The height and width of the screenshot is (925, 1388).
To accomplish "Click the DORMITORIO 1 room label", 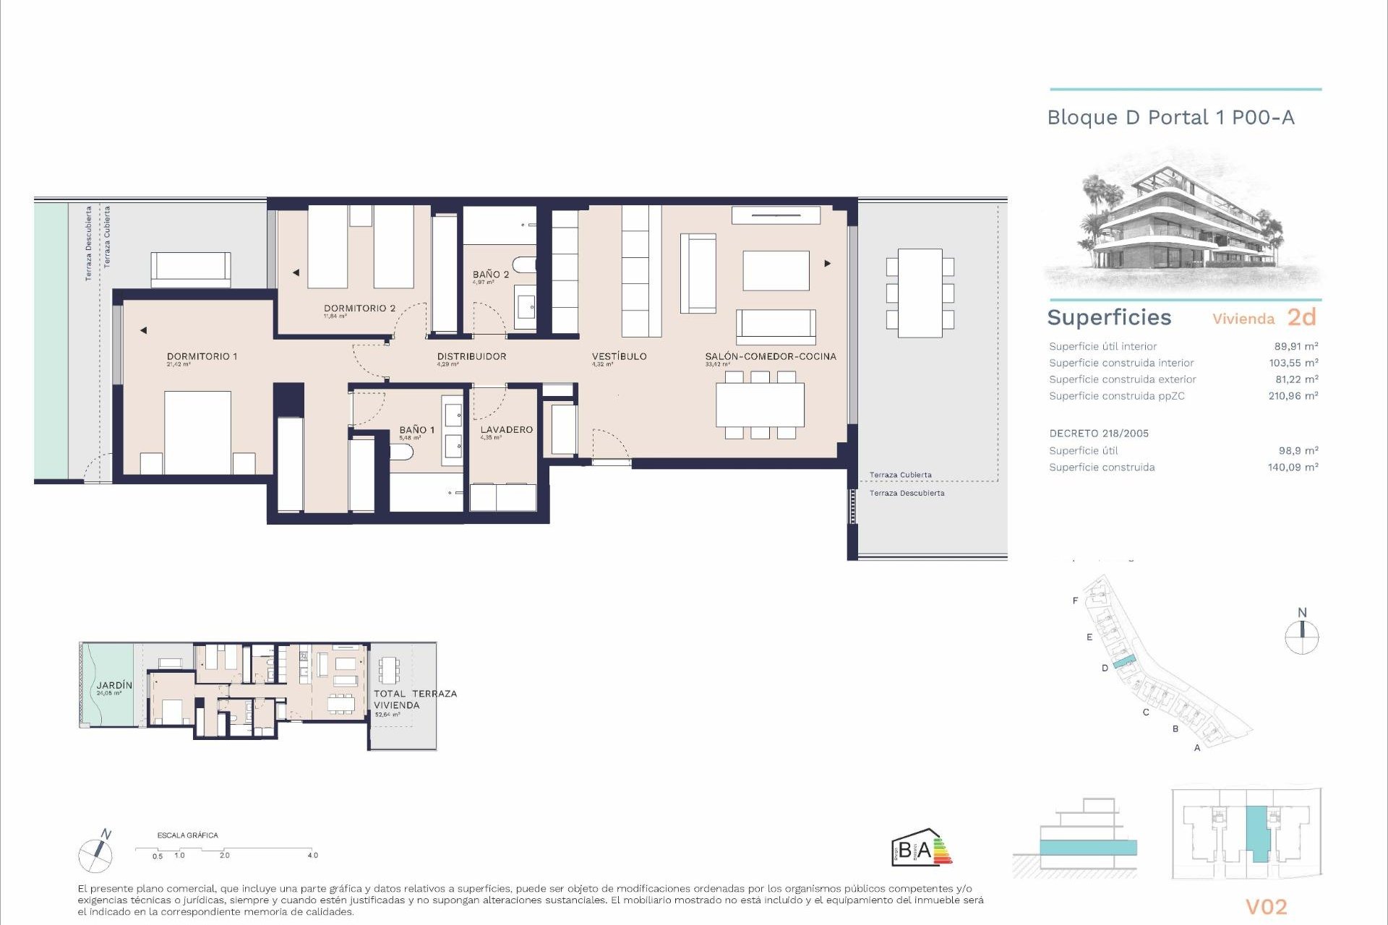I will pos(202,356).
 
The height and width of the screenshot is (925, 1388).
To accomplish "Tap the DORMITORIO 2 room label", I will pos(359,308).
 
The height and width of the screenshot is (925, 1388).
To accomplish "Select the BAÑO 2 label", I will pos(491,275).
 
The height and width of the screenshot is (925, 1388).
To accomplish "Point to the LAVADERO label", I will pos(506,429).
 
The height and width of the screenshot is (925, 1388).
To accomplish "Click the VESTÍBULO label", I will pos(619,356).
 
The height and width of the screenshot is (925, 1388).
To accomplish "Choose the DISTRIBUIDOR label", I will pos(471,356).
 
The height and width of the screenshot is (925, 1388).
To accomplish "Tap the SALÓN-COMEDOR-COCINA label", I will pos(771,356).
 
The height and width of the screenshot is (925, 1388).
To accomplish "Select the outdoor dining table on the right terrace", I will pos(920,293).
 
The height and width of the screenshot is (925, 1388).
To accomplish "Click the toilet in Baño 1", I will pos(401,452).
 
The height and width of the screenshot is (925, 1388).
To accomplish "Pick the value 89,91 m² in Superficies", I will pos(1295,346).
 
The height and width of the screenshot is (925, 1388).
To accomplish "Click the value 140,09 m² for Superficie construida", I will pos(1293,468).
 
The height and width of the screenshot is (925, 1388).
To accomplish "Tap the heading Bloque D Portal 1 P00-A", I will pos(1170,118).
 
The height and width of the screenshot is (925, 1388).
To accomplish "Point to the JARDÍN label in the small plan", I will pos(114,685).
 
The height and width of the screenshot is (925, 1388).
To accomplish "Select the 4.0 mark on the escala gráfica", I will pos(312,855).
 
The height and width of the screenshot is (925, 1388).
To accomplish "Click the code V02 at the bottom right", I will pos(1266,907).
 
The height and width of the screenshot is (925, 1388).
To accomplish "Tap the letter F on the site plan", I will pos(1076,601).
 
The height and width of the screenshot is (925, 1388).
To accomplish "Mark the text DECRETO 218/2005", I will pos(1099,434).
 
